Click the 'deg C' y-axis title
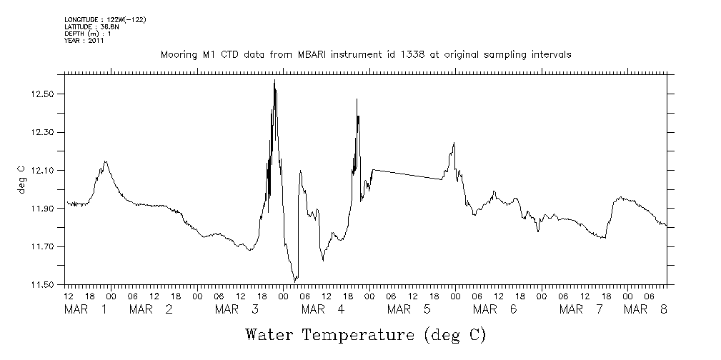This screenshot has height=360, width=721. (x=21, y=180)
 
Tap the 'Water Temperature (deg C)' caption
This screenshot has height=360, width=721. (x=365, y=334)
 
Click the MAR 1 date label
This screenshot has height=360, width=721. (x=86, y=309)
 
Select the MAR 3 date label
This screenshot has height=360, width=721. (x=237, y=309)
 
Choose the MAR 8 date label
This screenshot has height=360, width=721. (x=646, y=309)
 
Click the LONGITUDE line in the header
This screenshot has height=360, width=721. (x=105, y=19)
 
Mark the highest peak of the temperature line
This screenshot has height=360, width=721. (x=274, y=81)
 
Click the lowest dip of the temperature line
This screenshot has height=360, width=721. (x=294, y=281)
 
